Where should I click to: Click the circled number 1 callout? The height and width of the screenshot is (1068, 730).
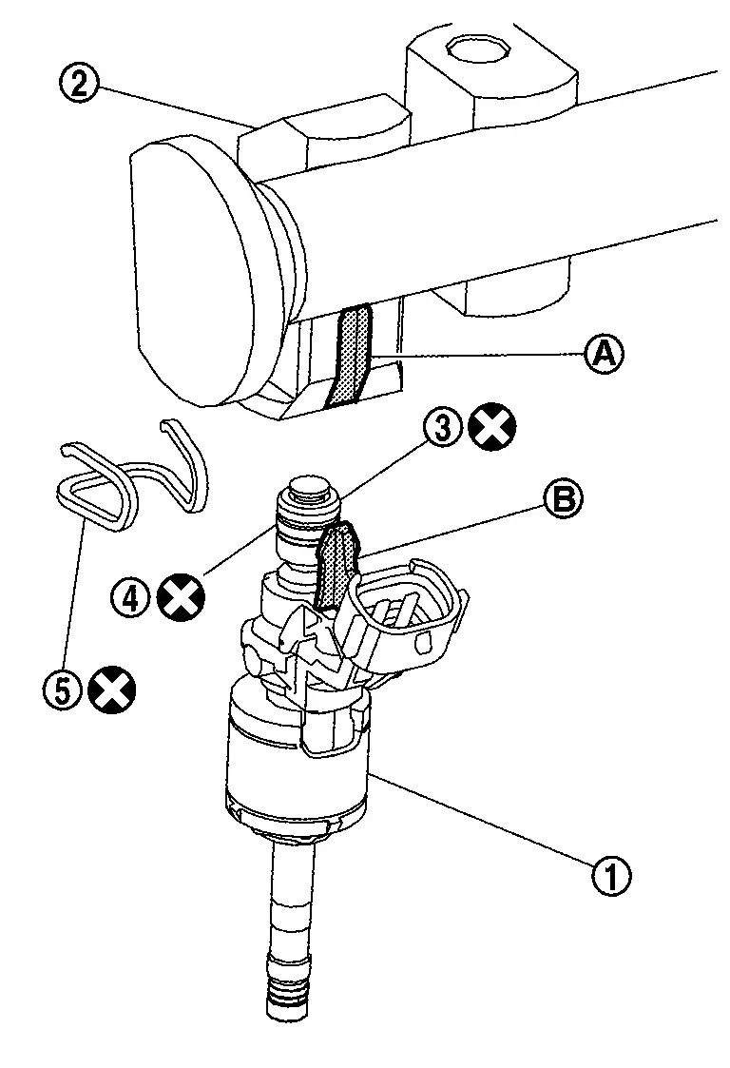tap(611, 875)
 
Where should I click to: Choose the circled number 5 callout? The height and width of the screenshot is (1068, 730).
tap(62, 690)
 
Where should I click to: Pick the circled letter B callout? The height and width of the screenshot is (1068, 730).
tap(563, 500)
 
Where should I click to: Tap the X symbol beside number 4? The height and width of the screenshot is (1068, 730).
tap(181, 597)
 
